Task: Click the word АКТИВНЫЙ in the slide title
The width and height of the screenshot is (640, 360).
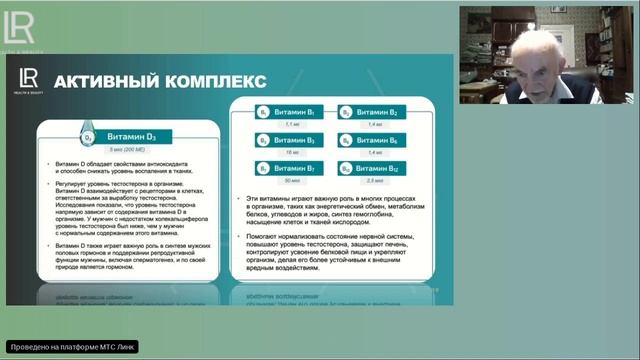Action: [103, 80]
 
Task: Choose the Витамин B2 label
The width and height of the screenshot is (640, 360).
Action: [376, 112]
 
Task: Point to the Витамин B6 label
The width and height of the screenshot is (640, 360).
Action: [376, 140]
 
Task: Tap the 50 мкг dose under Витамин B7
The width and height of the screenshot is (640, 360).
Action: [292, 180]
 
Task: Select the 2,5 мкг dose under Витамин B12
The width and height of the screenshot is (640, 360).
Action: [376, 180]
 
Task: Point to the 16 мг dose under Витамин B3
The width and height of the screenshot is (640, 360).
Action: [292, 153]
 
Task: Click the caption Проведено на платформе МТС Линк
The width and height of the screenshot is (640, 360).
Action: [70, 346]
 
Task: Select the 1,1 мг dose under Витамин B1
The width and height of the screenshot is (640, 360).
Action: [292, 124]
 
